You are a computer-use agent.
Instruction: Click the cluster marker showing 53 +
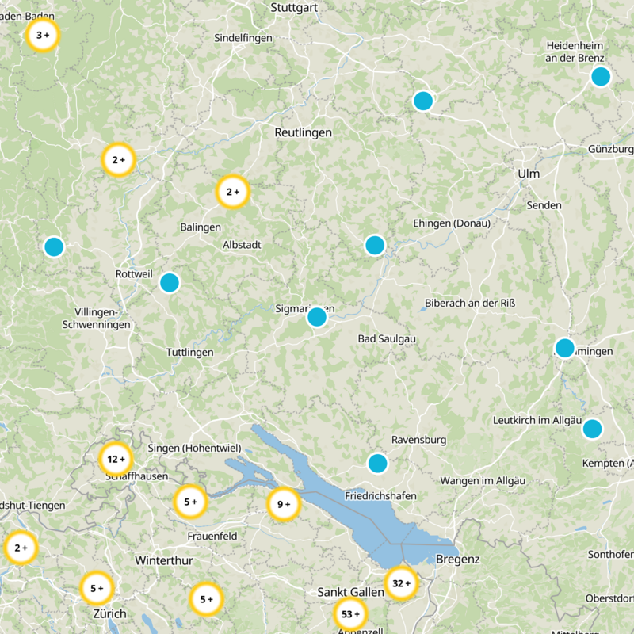pyautogui.click(x=349, y=613)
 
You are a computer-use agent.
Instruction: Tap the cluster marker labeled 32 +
pyautogui.click(x=401, y=583)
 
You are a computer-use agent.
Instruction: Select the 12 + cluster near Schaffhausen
pyautogui.click(x=116, y=459)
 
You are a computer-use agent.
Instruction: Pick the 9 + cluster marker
pyautogui.click(x=283, y=504)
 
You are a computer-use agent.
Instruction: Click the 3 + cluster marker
pyautogui.click(x=43, y=35)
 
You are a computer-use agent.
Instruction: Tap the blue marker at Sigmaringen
pyautogui.click(x=317, y=317)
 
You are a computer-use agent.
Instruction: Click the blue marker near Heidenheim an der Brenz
pyautogui.click(x=601, y=77)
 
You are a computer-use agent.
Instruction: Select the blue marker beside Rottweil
pyautogui.click(x=170, y=282)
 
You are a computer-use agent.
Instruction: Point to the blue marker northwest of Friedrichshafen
pyautogui.click(x=377, y=463)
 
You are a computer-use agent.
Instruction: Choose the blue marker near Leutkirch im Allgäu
pyautogui.click(x=592, y=429)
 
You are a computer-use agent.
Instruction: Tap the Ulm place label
pyautogui.click(x=528, y=174)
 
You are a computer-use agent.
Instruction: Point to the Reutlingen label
pyautogui.click(x=303, y=132)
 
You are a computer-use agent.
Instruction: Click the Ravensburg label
pyautogui.click(x=419, y=440)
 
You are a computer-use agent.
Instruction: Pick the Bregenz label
pyautogui.click(x=458, y=560)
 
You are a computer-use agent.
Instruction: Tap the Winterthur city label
pyautogui.click(x=164, y=560)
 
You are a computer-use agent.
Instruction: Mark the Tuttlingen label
pyautogui.click(x=190, y=352)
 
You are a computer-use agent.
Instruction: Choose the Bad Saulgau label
pyautogui.click(x=388, y=339)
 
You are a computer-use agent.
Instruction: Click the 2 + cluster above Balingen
pyautogui.click(x=232, y=191)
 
